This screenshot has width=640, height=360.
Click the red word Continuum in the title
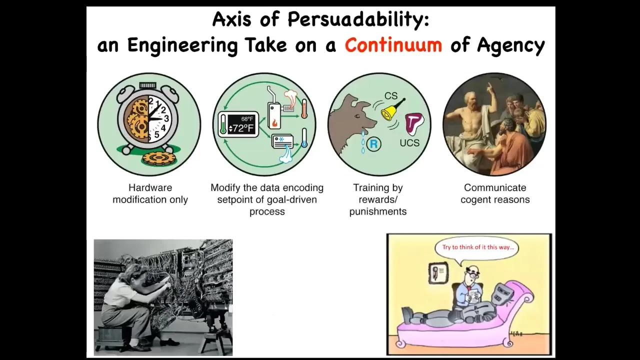click(x=393, y=45)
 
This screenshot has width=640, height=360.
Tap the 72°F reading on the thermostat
click(x=241, y=128)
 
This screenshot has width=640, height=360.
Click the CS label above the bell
click(x=391, y=95)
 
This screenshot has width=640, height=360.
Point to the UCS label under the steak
click(x=409, y=142)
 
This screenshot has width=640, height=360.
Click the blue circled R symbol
click(x=373, y=143)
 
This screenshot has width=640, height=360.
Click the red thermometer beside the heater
click(x=304, y=108)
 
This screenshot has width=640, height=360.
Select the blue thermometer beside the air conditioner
click(x=304, y=137)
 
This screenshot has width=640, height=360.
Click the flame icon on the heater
click(x=274, y=122)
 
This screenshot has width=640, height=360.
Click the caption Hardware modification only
click(x=150, y=193)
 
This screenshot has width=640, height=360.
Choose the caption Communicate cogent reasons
click(x=495, y=193)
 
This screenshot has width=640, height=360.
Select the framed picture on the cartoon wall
click(x=438, y=273)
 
